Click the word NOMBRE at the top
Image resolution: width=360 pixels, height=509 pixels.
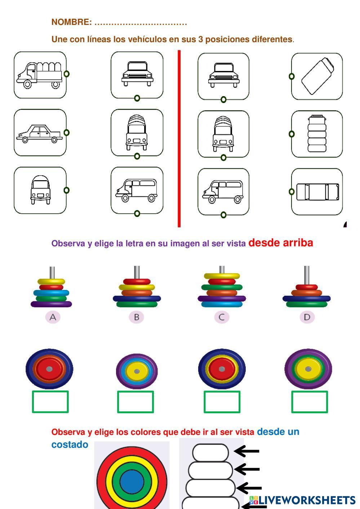click(72, 22)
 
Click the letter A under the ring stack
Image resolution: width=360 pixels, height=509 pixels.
click(53, 317)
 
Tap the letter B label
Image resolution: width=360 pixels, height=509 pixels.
click(137, 317)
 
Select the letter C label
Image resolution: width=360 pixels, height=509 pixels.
click(222, 317)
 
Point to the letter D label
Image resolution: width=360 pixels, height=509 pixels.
click(307, 317)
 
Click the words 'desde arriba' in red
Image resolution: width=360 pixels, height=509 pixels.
click(281, 243)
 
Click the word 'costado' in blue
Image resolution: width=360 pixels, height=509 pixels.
click(70, 445)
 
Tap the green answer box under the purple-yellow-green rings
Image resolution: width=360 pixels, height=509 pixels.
click(309, 402)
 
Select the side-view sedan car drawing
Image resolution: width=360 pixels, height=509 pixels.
click(39, 134)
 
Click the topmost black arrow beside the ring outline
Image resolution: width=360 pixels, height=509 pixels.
click(246, 451)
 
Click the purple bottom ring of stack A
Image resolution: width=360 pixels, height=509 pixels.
click(52, 304)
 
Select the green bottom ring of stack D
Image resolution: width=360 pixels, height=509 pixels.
click(307, 304)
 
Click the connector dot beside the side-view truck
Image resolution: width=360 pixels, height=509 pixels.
click(67, 74)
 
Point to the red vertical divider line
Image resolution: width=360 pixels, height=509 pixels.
click(179, 139)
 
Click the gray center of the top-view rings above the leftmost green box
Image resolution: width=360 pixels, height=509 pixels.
click(49, 369)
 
